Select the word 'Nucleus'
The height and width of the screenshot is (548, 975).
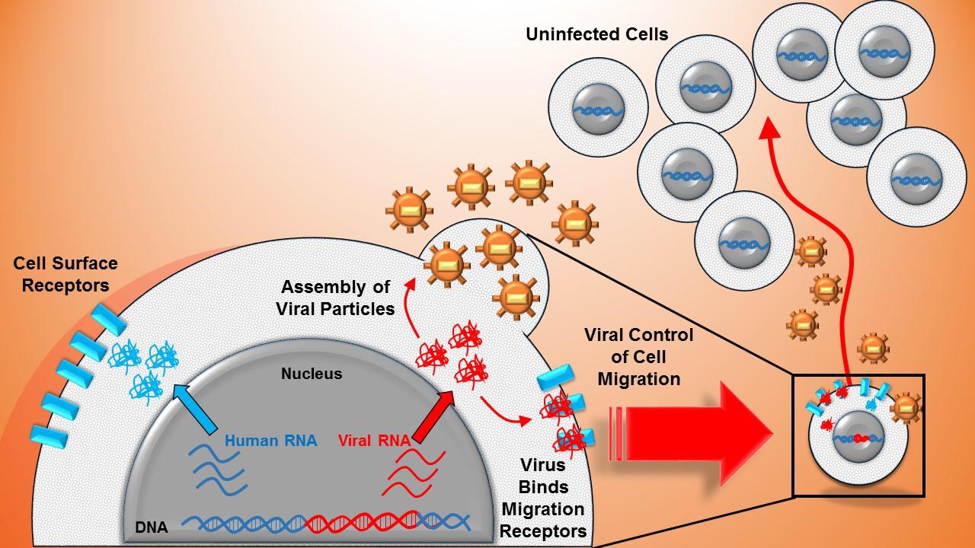tap(312, 374)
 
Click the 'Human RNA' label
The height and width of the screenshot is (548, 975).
tap(270, 439)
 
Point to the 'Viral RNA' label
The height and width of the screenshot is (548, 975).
tap(373, 439)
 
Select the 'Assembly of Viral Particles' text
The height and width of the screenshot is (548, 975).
tap(336, 298)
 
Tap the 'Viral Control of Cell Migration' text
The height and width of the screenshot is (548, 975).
tap(638, 356)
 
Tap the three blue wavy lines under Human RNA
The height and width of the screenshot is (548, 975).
tap(217, 469)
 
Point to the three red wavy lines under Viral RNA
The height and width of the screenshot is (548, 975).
tap(411, 473)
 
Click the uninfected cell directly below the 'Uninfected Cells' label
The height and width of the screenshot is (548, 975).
tap(598, 110)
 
